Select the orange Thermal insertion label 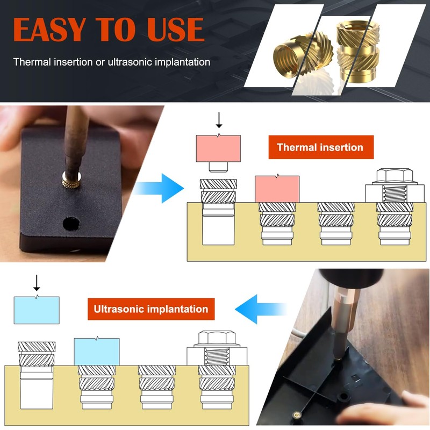[x=320, y=147]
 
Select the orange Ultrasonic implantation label [x=151, y=309]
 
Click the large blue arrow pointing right [x=161, y=188]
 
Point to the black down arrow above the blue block [x=37, y=282]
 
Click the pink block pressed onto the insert [x=277, y=189]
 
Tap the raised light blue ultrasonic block [x=37, y=310]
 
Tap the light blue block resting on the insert [x=96, y=352]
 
